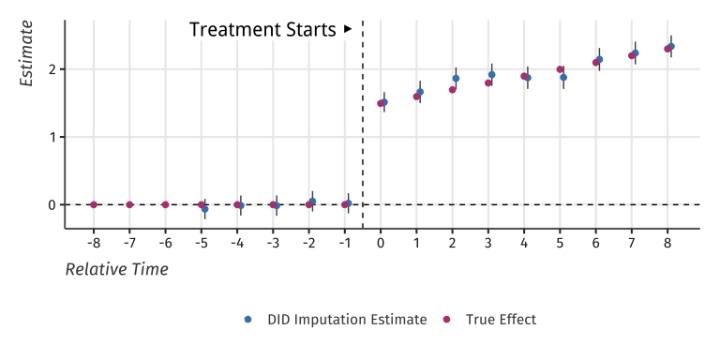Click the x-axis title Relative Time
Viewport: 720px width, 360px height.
coord(116,270)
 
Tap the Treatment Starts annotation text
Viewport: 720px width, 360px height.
coord(262,30)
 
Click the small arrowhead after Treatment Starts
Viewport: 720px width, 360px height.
coord(348,29)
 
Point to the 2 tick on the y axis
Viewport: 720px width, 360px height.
coord(54,69)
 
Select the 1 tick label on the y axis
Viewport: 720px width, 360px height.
coord(54,137)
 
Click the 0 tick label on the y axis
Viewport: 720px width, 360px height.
coord(54,204)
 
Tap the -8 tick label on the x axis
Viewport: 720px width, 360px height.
coord(94,244)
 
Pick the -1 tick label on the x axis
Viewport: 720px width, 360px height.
coord(344,244)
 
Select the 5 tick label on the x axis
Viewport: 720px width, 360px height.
coord(560,244)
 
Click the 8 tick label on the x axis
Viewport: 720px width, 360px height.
coord(667,244)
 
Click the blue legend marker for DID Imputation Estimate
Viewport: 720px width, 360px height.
coord(248,320)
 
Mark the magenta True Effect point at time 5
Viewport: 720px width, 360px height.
coord(560,69)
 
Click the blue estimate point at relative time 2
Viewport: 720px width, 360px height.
coord(456,79)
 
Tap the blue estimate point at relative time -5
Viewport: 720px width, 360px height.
coord(204,209)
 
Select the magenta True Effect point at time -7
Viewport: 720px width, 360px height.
coord(129,204)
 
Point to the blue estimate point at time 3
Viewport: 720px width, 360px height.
coord(491,75)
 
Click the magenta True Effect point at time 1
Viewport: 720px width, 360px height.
coord(416,97)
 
